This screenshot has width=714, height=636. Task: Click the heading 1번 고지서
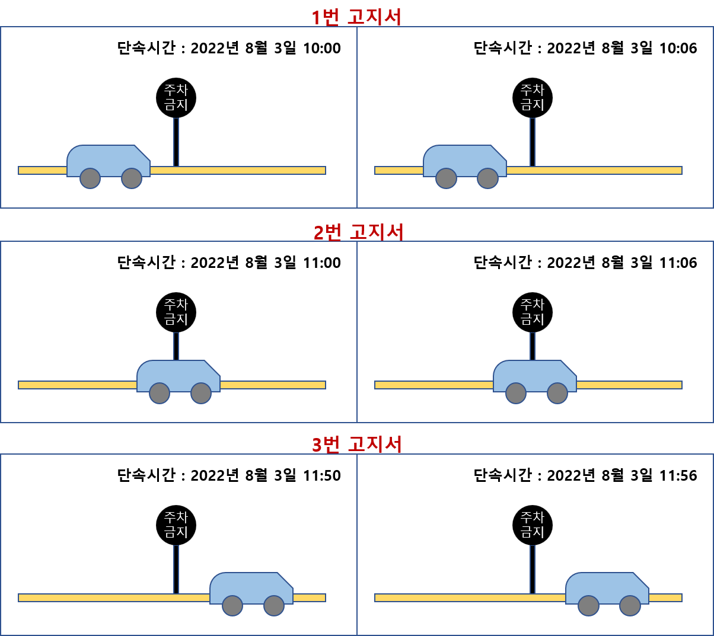point(356,17)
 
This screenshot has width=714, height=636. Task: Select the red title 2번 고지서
point(358,232)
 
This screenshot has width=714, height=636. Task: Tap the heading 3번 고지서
point(356,444)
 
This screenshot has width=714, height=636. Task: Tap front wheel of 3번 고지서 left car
point(274,606)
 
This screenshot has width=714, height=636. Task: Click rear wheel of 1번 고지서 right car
point(446,178)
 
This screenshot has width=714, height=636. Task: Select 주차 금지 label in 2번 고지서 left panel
point(176,312)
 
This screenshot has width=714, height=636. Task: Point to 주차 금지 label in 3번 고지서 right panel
point(533,525)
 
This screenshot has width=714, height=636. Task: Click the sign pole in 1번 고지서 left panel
point(176,142)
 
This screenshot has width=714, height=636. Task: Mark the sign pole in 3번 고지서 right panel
point(533,569)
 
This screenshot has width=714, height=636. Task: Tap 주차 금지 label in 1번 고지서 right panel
point(533,97)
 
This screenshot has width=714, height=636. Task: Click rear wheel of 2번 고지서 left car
point(160,393)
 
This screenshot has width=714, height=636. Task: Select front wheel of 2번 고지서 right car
point(557,393)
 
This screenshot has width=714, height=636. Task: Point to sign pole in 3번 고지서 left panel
point(176,569)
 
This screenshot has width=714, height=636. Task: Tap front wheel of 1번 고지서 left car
point(132,178)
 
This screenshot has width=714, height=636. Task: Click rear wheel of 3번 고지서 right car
point(588,606)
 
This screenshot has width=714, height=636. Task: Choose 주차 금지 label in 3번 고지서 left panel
point(176,525)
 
